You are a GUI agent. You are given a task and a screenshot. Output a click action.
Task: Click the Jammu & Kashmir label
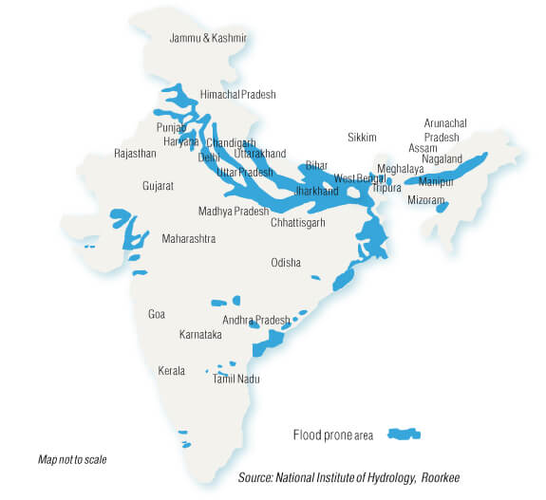pyautogui.click(x=207, y=38)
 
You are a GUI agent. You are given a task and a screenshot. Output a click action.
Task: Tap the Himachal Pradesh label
pyautogui.click(x=237, y=95)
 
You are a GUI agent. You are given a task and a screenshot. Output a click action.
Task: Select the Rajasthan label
pyautogui.click(x=134, y=153)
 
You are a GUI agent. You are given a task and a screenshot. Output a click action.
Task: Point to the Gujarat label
pyautogui.click(x=158, y=186)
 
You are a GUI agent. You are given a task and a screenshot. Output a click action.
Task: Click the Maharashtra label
pyautogui.click(x=188, y=238)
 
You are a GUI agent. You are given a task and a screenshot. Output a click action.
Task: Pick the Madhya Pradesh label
pyautogui.click(x=234, y=211)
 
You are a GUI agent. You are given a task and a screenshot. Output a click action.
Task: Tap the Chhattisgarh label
pyautogui.click(x=297, y=222)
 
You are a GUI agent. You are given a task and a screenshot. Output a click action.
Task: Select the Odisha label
pyautogui.click(x=286, y=263)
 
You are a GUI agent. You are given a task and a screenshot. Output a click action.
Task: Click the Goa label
pyautogui.click(x=157, y=314)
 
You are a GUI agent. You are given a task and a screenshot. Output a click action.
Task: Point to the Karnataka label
pyautogui.click(x=200, y=335)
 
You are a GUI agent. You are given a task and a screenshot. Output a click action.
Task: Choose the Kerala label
pyautogui.click(x=172, y=370)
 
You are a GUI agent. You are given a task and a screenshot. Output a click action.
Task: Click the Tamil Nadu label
pyautogui.click(x=236, y=379)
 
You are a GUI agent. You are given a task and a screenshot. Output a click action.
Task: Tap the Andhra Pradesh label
pyautogui.click(x=255, y=320)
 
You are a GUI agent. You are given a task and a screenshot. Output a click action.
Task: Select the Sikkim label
pyautogui.click(x=362, y=137)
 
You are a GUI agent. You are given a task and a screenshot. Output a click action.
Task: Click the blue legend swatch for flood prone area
pyautogui.click(x=404, y=435)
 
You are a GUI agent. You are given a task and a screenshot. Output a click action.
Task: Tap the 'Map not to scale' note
pyautogui.click(x=72, y=459)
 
